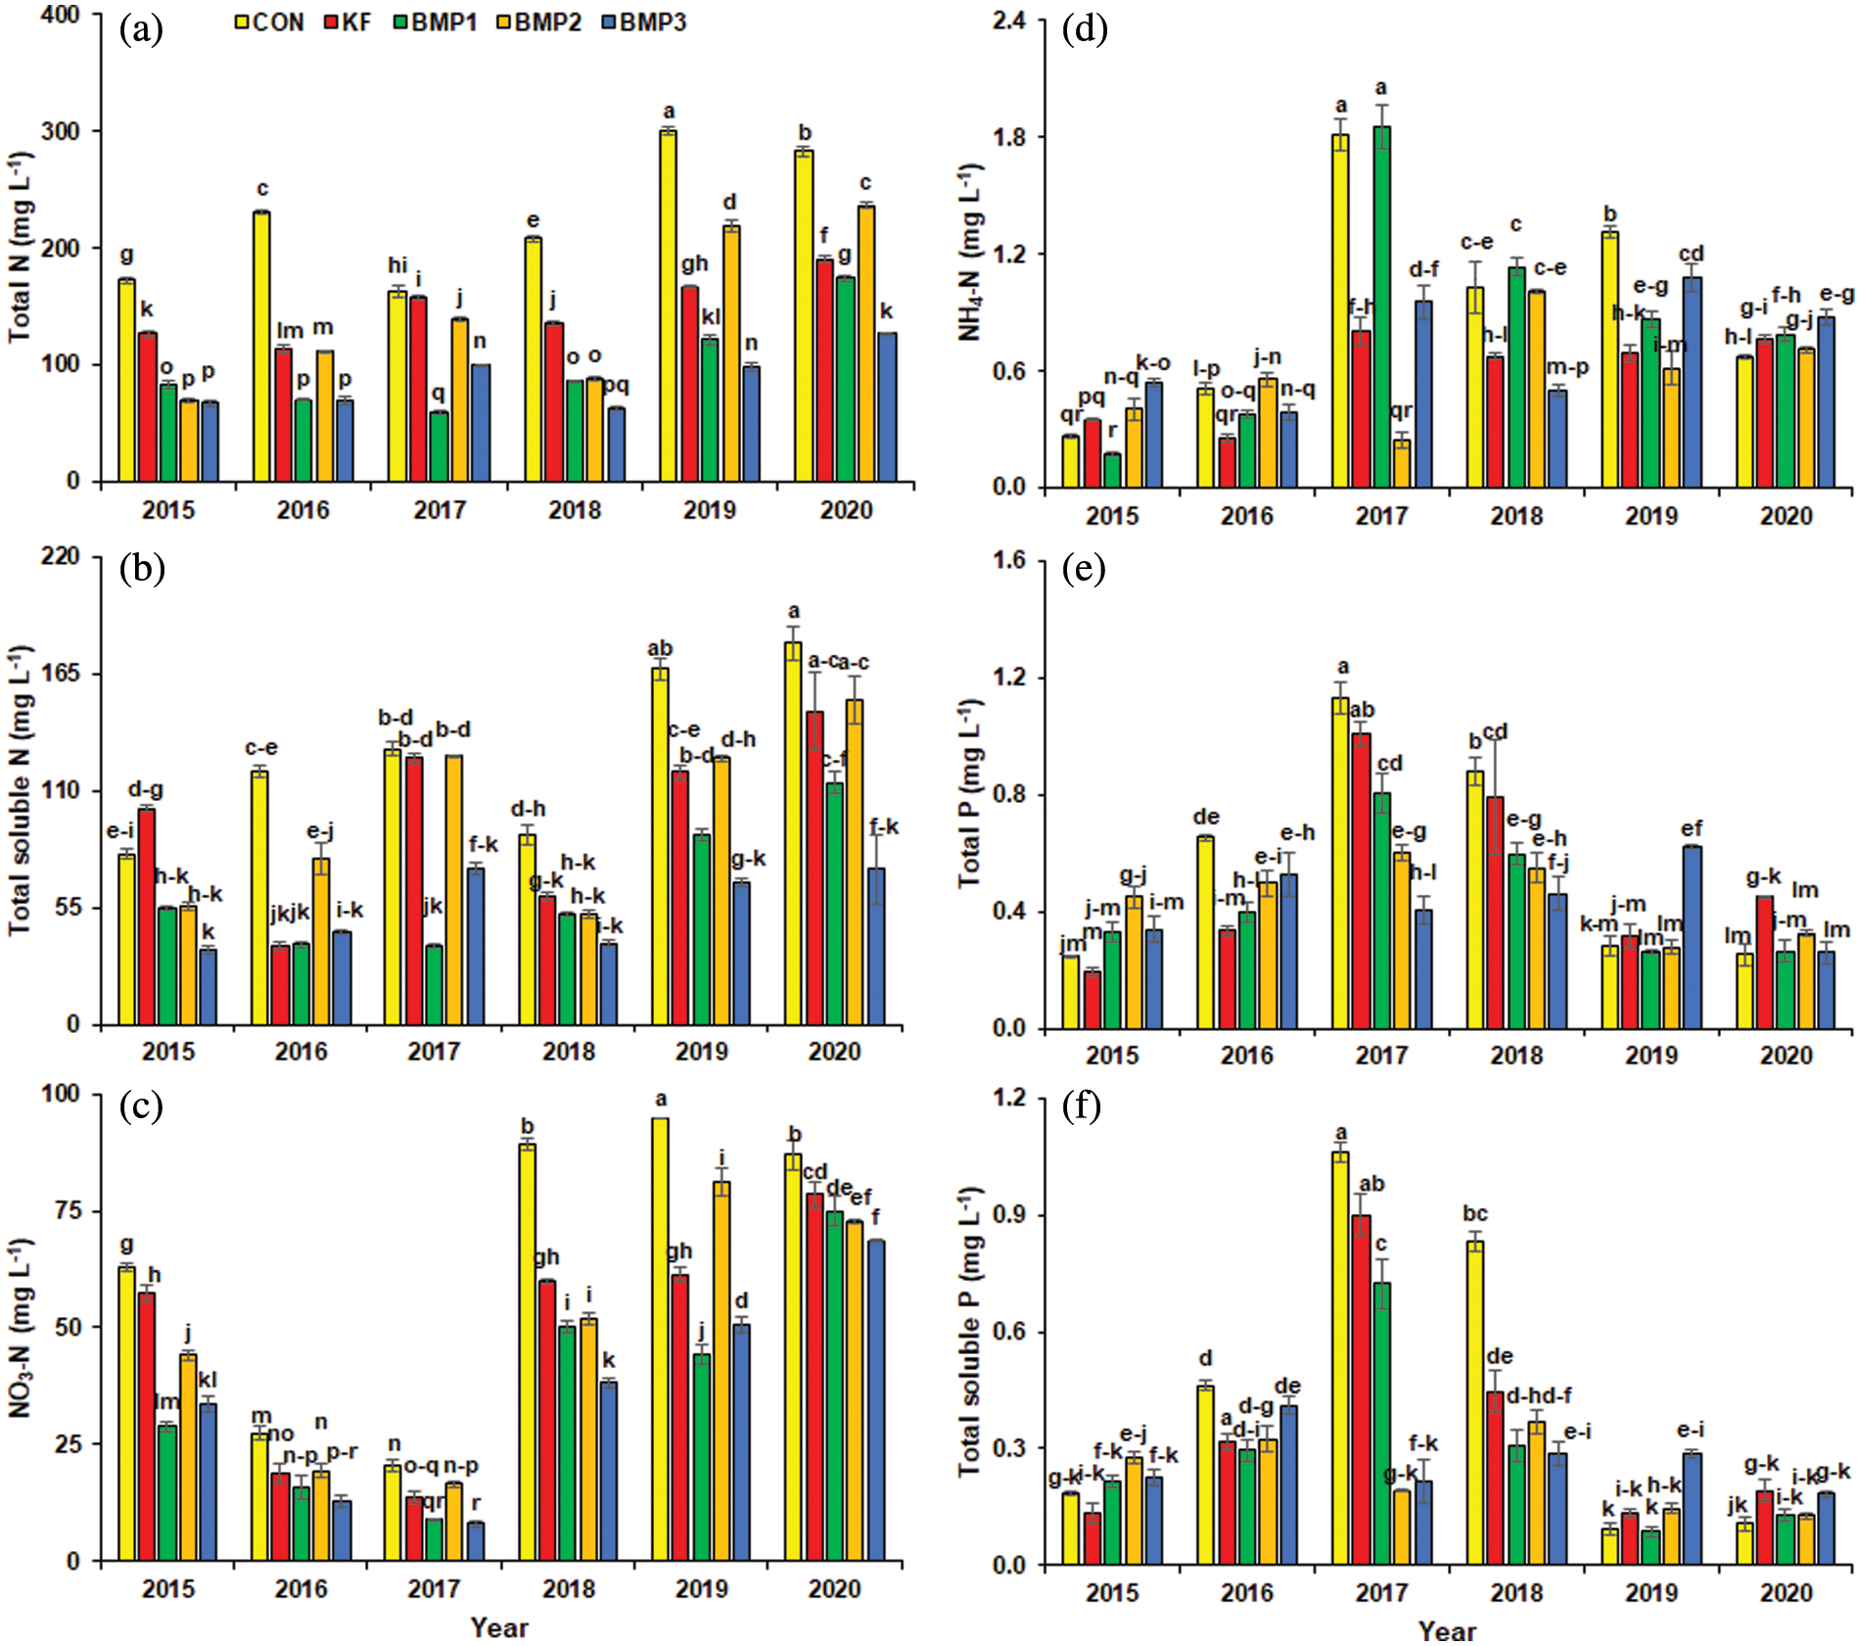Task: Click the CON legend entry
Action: coord(269,23)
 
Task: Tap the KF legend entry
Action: coord(348,23)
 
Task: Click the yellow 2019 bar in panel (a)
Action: coord(668,306)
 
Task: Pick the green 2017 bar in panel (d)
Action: coord(1381,306)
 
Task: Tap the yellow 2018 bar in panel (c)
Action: coord(527,1352)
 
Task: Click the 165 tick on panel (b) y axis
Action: coord(61,675)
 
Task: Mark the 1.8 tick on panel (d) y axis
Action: coord(1009,137)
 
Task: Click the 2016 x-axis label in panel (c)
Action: coord(301,1588)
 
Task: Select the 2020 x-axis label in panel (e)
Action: coord(1787,1056)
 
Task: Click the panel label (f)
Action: coord(1083,1106)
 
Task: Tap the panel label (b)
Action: coord(141,569)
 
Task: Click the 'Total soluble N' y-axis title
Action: coord(22,789)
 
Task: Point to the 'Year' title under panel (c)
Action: coord(499,1627)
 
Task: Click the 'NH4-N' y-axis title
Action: coord(971,252)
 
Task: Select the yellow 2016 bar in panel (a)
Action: coord(260,347)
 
